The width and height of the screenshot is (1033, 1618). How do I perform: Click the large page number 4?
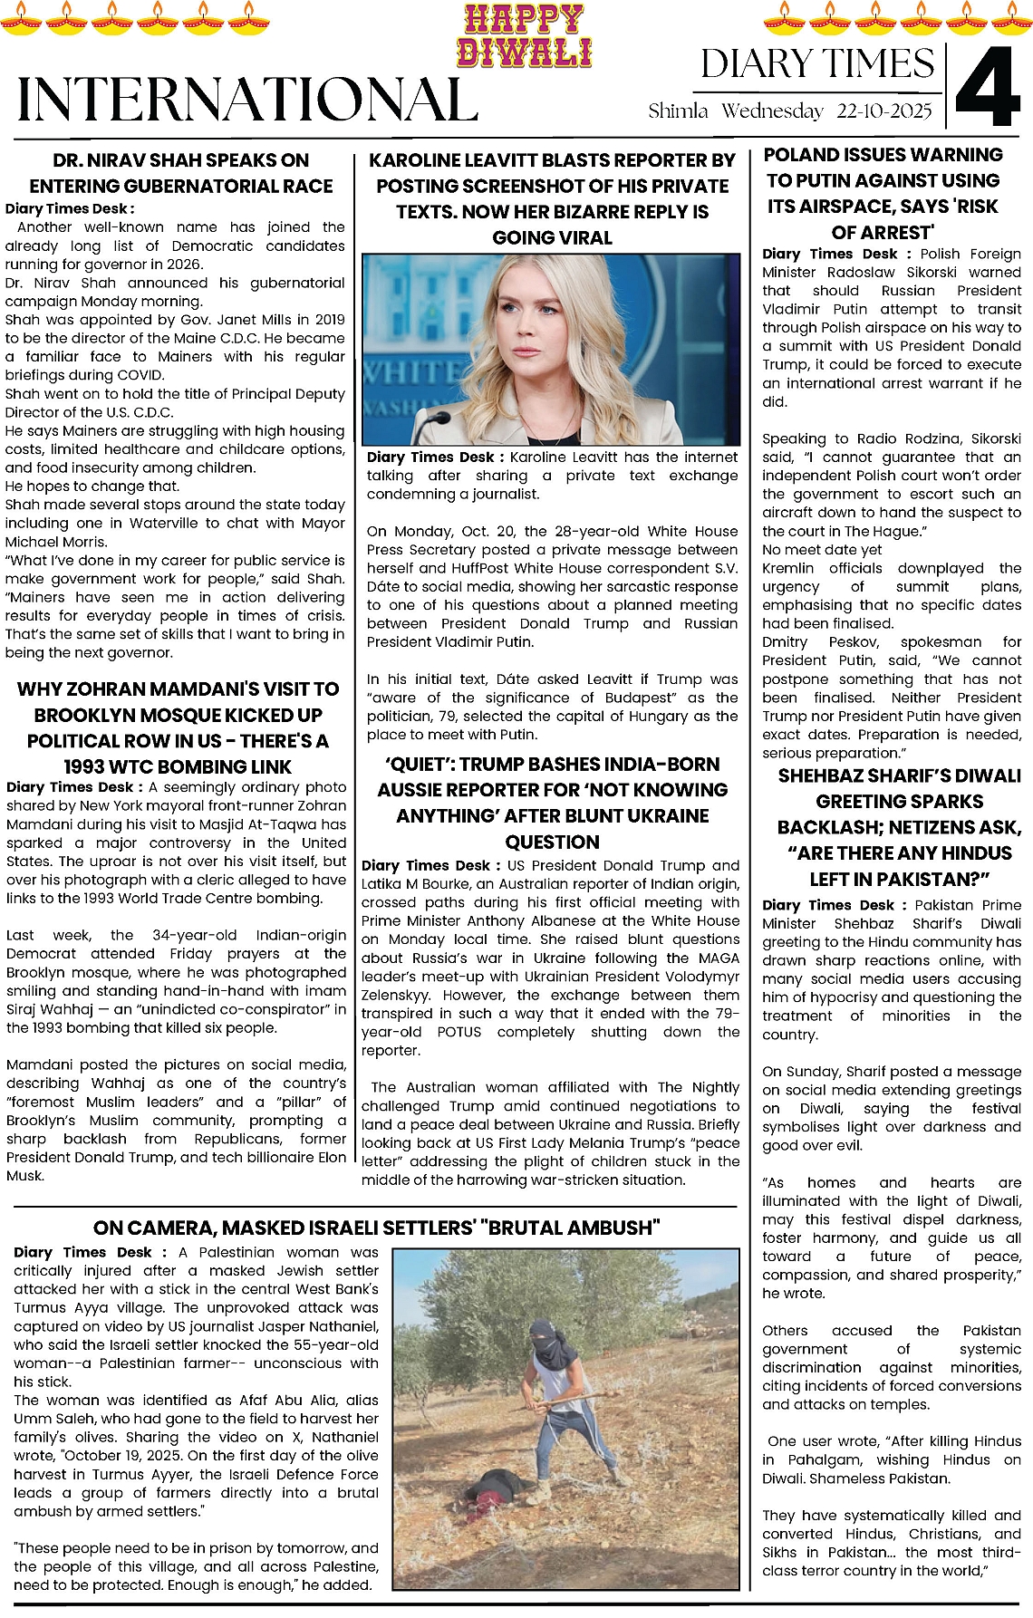pyautogui.click(x=987, y=87)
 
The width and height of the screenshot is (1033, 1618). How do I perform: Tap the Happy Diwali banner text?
pyautogui.click(x=524, y=36)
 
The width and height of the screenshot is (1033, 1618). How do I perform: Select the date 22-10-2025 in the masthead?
pyautogui.click(x=883, y=111)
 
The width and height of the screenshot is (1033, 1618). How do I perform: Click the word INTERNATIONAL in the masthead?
pyautogui.click(x=246, y=100)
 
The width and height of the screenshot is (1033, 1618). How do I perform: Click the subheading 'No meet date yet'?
pyautogui.click(x=822, y=550)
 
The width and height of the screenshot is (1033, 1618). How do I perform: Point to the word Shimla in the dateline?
pyautogui.click(x=678, y=111)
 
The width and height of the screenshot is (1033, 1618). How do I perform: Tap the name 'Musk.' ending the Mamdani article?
pyautogui.click(x=25, y=1175)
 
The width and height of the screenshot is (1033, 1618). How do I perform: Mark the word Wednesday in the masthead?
pyautogui.click(x=772, y=111)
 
